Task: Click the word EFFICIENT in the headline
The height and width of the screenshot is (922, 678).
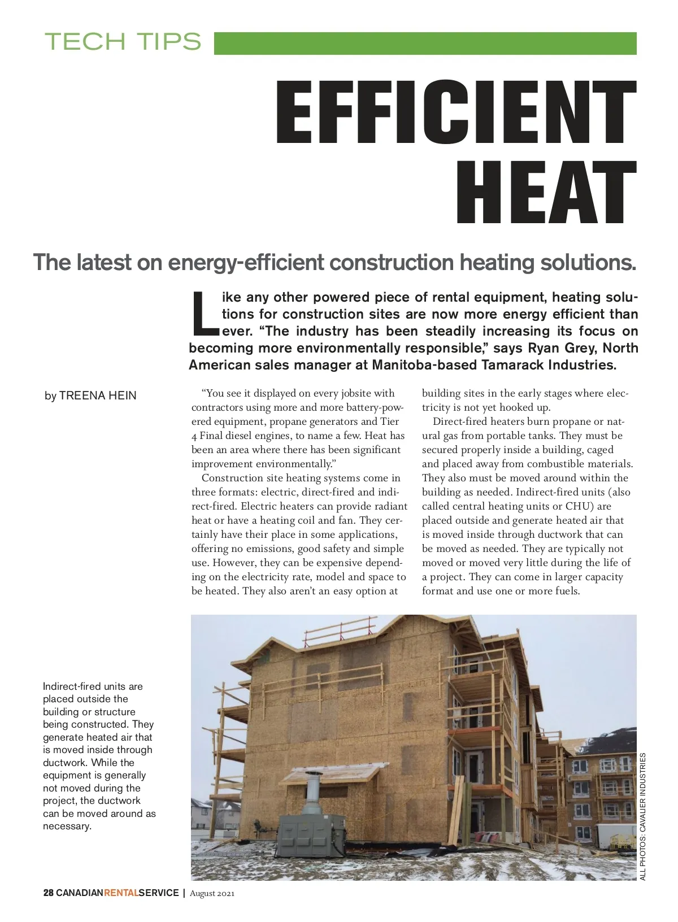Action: pos(456,112)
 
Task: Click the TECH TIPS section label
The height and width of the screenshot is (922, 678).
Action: pos(123,42)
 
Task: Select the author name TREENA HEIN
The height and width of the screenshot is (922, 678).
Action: pos(98,395)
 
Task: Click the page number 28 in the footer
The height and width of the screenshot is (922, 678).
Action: pos(49,893)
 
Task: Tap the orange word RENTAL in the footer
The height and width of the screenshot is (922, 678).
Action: pos(121,893)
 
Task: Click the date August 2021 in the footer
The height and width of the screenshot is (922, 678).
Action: pos(212,893)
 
